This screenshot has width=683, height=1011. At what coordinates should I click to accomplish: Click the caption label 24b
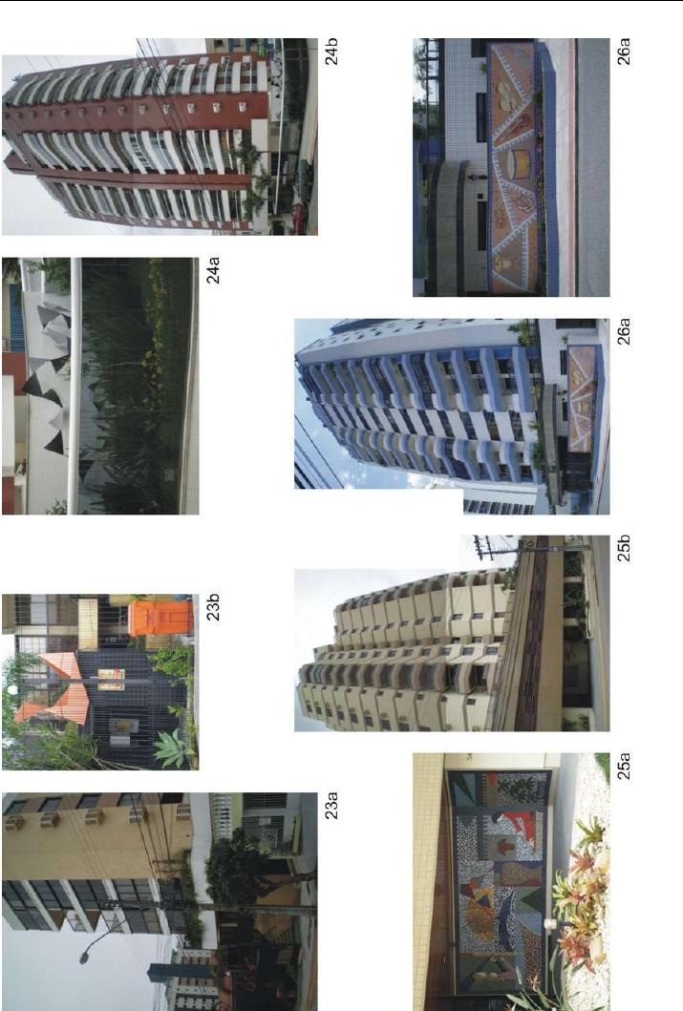(x=331, y=53)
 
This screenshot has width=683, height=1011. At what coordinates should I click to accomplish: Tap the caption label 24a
(x=213, y=270)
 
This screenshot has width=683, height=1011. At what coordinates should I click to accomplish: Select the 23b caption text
(x=213, y=607)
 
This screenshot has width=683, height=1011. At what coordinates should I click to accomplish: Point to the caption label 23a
(x=331, y=806)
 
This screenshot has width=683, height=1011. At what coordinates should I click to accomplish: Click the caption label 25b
(x=623, y=549)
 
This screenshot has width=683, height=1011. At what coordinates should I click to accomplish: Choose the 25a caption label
(x=623, y=766)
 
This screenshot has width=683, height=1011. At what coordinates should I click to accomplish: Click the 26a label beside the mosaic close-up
(x=623, y=53)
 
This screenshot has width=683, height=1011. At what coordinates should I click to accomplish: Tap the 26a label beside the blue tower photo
(x=623, y=332)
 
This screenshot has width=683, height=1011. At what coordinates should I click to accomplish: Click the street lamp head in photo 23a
(x=84, y=958)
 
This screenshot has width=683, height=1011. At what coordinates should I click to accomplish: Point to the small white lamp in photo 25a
(x=550, y=924)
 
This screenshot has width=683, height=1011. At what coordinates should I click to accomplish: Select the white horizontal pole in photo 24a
(x=75, y=386)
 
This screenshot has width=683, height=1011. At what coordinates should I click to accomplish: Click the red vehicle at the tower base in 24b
(x=299, y=218)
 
